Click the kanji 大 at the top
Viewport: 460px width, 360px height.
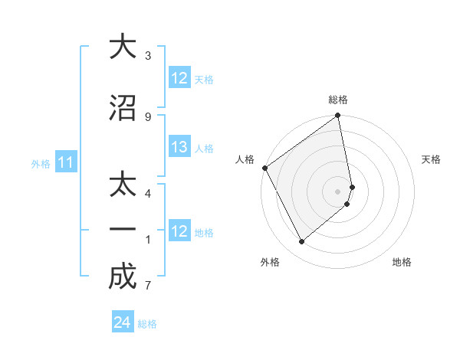pyautogui.click(x=123, y=47)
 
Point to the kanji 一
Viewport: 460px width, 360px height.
pyautogui.click(x=123, y=229)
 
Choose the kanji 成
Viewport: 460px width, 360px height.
pyautogui.click(x=123, y=277)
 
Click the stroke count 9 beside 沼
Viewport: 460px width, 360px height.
pyautogui.click(x=148, y=116)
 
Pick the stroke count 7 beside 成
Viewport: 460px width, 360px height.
pyautogui.click(x=148, y=286)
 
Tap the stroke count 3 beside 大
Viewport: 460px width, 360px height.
pyautogui.click(x=148, y=56)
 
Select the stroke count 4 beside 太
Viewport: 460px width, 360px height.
pyautogui.click(x=148, y=194)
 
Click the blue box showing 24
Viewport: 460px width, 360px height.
pyautogui.click(x=123, y=322)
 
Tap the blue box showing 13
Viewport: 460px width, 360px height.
pyautogui.click(x=179, y=147)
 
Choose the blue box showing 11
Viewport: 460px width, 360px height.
pyautogui.click(x=66, y=162)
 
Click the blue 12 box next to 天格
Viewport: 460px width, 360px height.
pyautogui.click(x=179, y=78)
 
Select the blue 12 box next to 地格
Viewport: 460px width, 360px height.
pyautogui.click(x=179, y=231)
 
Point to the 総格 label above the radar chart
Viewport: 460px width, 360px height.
pyautogui.click(x=338, y=100)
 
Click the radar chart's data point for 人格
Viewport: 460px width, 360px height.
pyautogui.click(x=264, y=168)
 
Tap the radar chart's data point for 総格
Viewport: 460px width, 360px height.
pyautogui.click(x=338, y=116)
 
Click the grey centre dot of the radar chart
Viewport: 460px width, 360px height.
pyautogui.click(x=338, y=191)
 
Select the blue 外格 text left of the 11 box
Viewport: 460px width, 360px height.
pyautogui.click(x=41, y=163)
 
